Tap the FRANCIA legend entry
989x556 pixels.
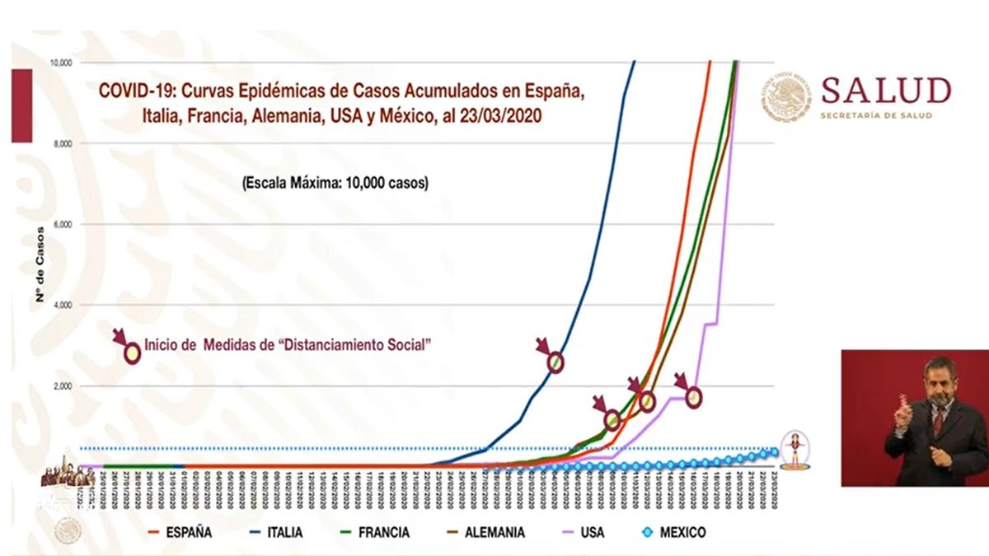pos(382,533)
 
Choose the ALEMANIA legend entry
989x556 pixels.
pos(494,533)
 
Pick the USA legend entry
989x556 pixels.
pos(590,533)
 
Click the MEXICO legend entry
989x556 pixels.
pos(681,533)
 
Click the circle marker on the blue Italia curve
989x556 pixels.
pos(555,362)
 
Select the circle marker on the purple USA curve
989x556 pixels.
pos(694,397)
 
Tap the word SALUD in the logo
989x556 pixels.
pos(886,91)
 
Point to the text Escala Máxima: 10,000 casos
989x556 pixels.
pos(335,184)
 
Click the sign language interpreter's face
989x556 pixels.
pos(939,381)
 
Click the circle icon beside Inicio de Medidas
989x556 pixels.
pos(132,353)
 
